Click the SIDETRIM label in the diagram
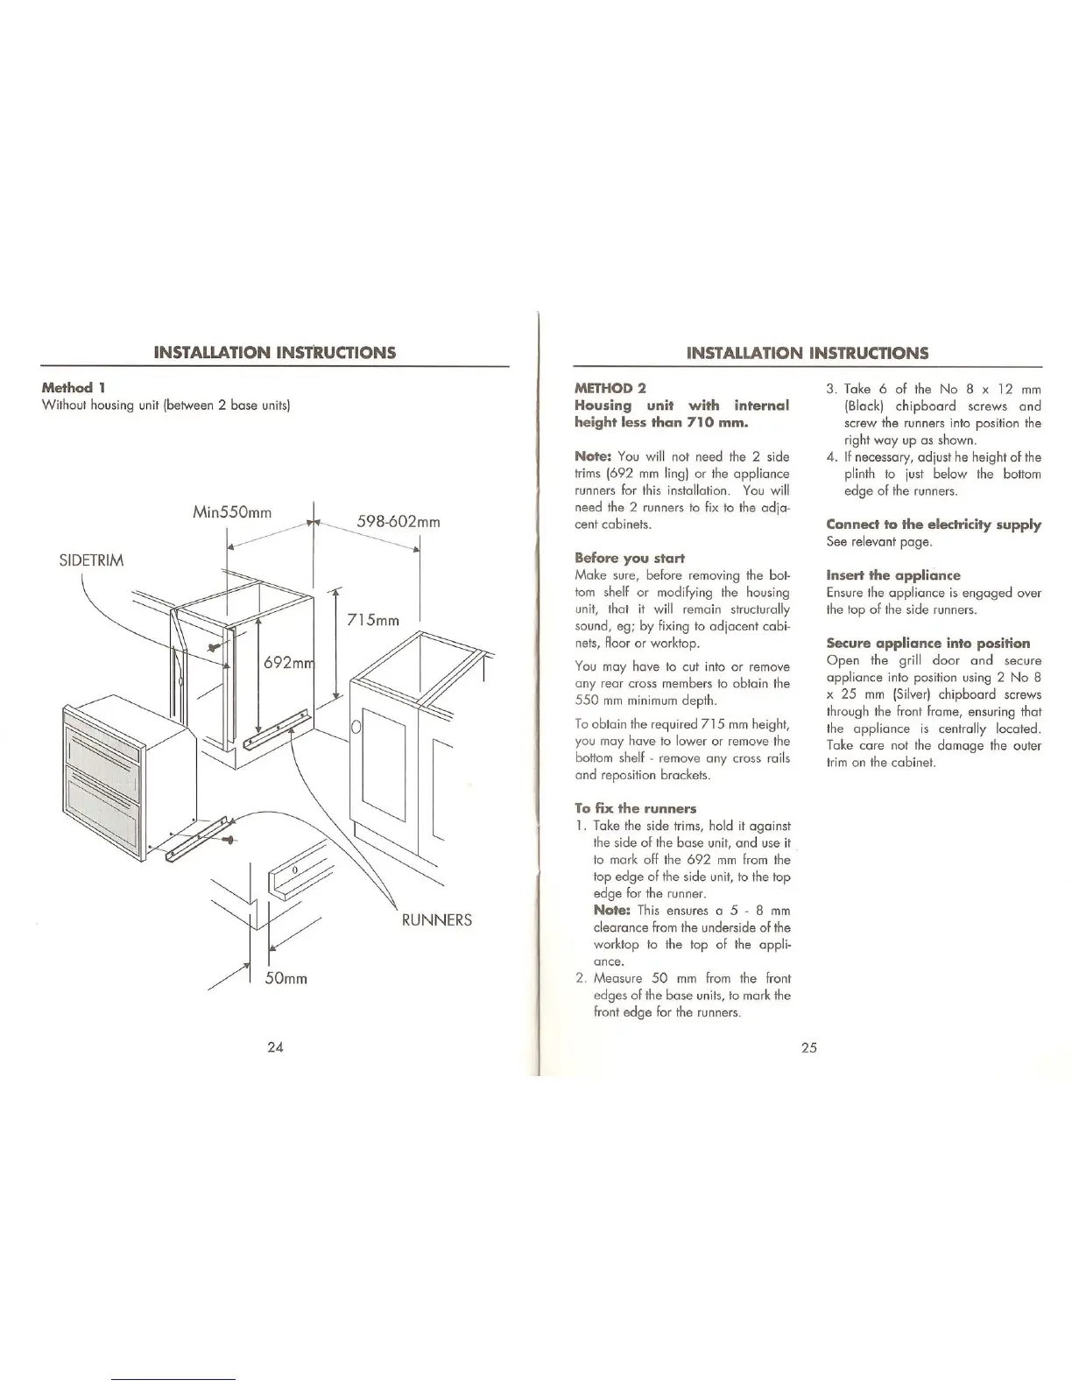91,560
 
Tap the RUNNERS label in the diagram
436,919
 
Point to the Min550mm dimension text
230,511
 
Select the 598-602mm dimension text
398,523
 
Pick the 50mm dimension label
286,977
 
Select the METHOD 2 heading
610,388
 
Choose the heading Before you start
629,558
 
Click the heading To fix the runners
635,808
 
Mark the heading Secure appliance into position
927,643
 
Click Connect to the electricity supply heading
934,525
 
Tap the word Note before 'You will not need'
593,456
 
